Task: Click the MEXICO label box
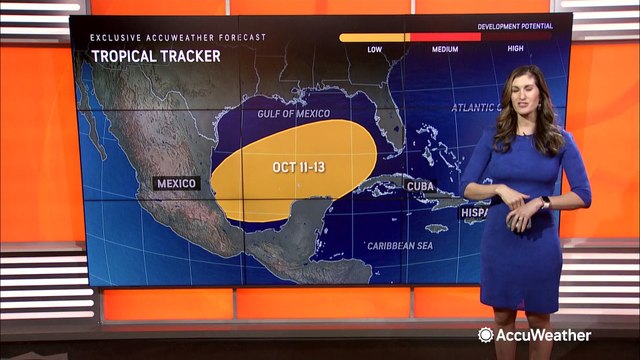[177, 183]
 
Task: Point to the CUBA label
[419, 186]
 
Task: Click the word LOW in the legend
[375, 48]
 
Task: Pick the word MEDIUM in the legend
[445, 48]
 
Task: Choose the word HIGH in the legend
[515, 48]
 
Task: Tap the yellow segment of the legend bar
[373, 38]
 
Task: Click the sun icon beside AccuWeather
[486, 335]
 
